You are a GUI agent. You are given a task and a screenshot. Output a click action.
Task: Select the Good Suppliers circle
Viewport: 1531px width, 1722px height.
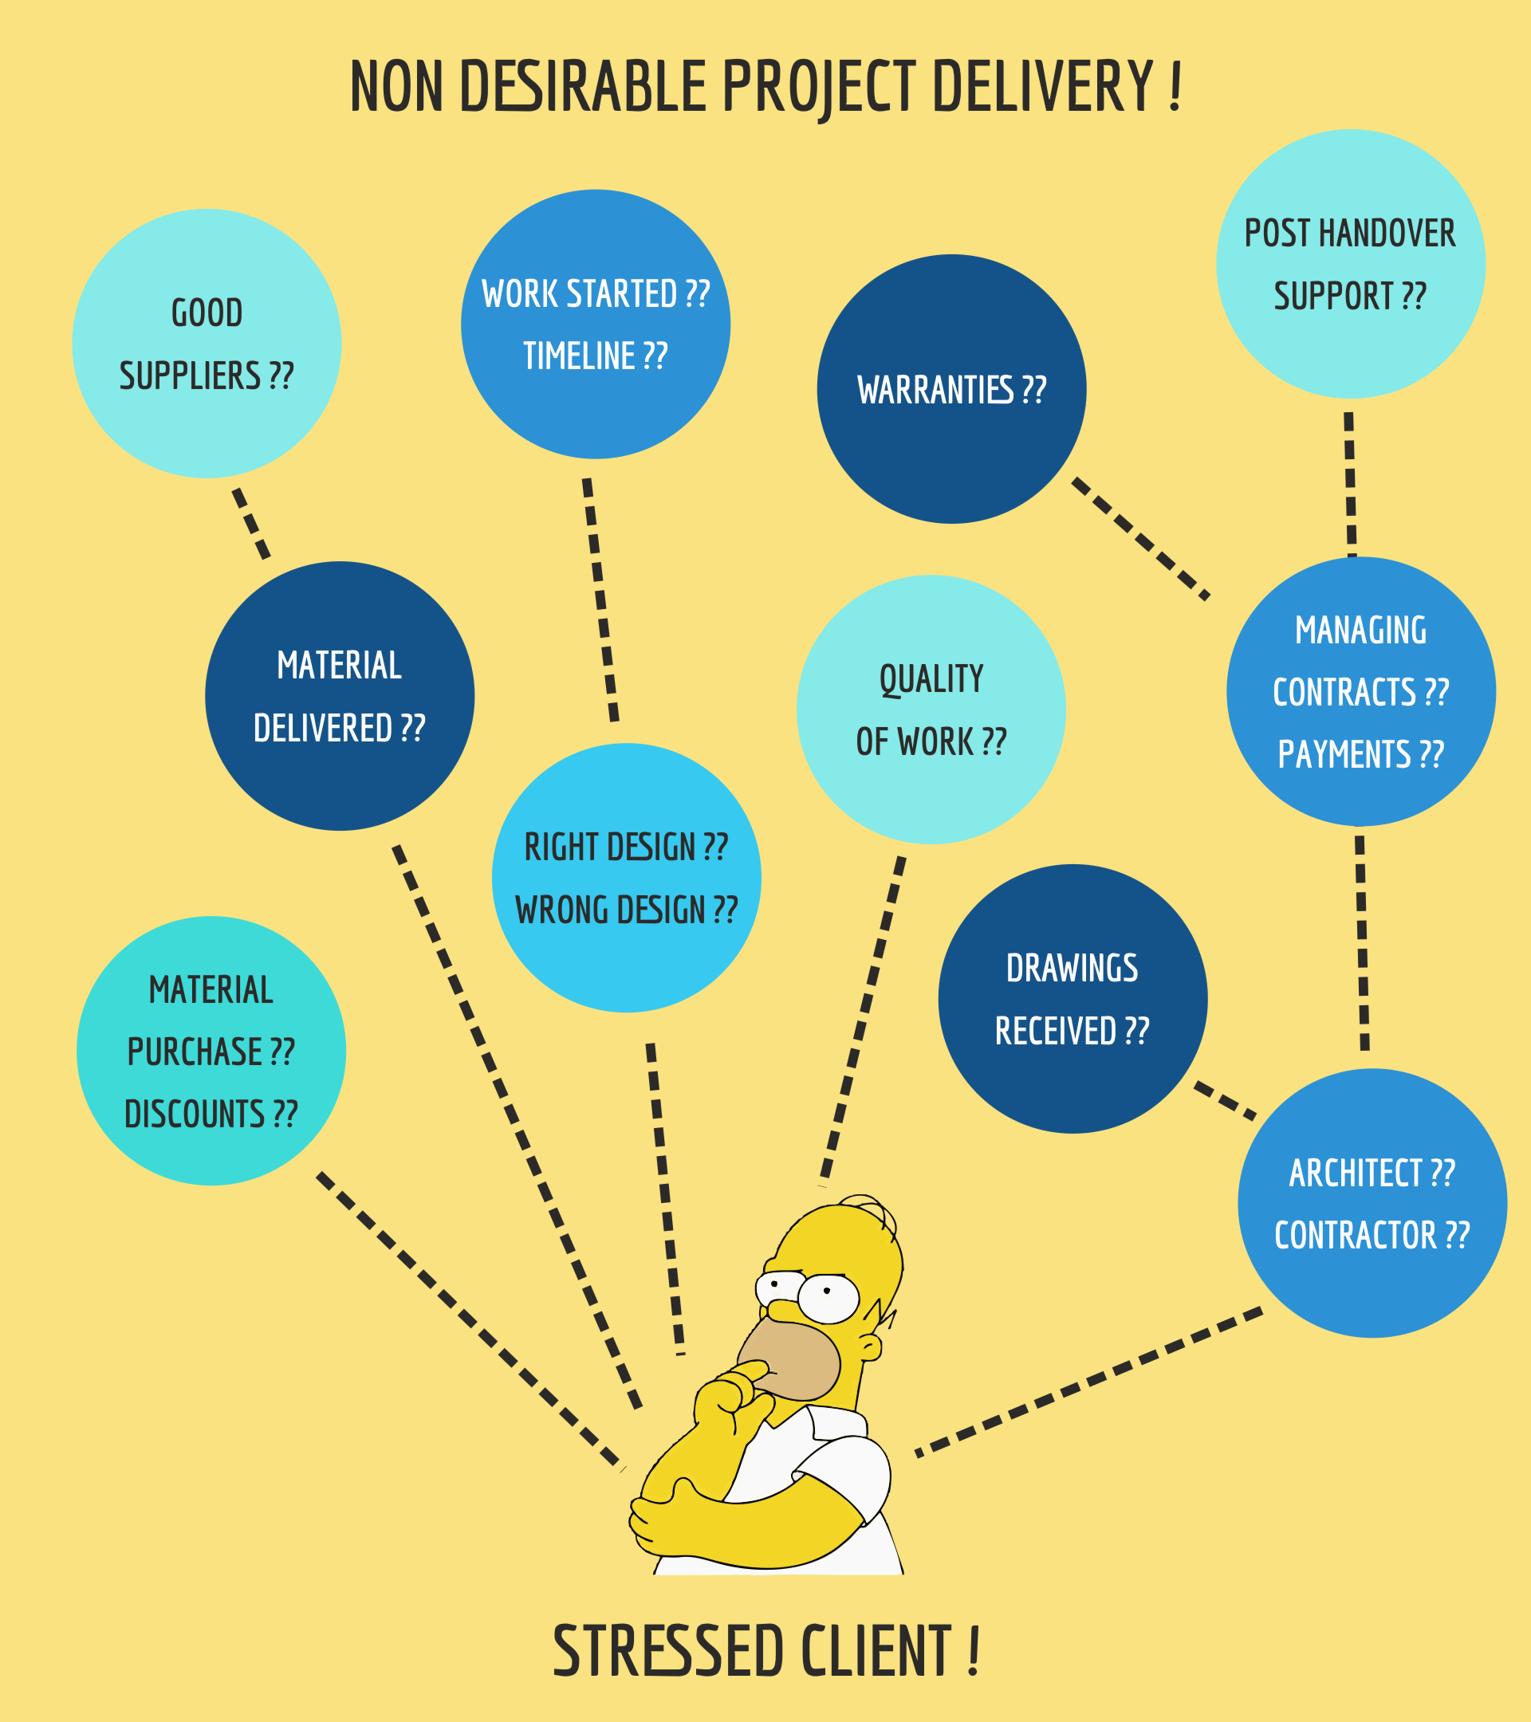[207, 344]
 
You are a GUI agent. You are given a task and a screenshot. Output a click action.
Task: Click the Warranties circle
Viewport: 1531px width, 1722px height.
[951, 389]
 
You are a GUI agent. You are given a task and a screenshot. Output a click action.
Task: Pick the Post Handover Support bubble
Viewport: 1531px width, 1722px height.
[1350, 264]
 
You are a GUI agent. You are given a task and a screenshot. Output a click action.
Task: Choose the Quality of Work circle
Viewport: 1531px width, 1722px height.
[931, 710]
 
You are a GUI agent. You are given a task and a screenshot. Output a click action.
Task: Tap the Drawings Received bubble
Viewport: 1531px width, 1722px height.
[1072, 998]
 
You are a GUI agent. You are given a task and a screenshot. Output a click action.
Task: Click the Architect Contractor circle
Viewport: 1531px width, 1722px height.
[1372, 1203]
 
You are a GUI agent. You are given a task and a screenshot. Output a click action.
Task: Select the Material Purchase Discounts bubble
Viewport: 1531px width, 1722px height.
[211, 1051]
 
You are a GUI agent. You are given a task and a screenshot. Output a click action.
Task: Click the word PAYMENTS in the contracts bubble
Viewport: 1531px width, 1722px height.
[1344, 755]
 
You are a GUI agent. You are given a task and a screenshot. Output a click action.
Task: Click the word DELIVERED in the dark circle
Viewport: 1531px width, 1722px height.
[323, 729]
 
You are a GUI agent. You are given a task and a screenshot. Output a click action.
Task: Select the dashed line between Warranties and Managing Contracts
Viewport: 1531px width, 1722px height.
[1141, 538]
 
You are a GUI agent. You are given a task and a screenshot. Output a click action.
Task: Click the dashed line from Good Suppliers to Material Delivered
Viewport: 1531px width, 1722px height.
[251, 523]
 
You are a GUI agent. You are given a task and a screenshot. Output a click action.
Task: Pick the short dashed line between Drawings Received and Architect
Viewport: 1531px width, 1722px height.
[1225, 1100]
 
